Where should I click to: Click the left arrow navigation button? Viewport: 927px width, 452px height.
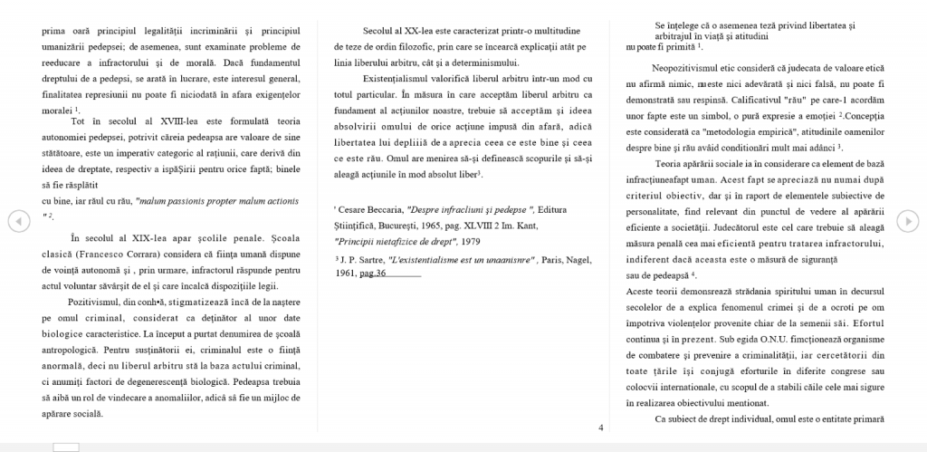point(15,219)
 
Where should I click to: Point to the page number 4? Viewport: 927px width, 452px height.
point(601,428)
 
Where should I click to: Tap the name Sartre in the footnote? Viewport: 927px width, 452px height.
point(366,258)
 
